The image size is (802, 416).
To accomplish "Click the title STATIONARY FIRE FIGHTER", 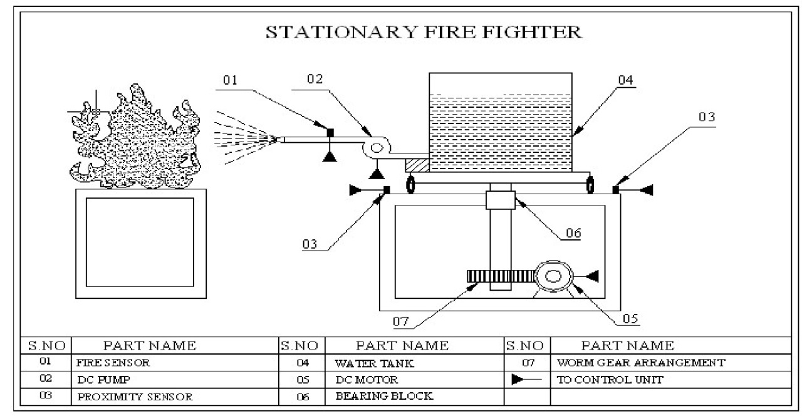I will tap(425, 33).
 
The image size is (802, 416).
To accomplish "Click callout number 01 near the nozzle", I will tap(231, 81).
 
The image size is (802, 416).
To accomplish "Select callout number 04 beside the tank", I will tap(625, 81).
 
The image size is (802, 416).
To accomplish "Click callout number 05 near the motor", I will tap(630, 319).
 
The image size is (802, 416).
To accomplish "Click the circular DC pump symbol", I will tap(377, 148).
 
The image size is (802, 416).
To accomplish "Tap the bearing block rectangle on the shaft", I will tap(500, 201).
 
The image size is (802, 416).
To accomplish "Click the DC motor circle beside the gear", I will tap(554, 276).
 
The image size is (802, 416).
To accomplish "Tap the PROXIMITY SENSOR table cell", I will tap(135, 397).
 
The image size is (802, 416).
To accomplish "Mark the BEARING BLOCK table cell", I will tap(384, 396).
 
